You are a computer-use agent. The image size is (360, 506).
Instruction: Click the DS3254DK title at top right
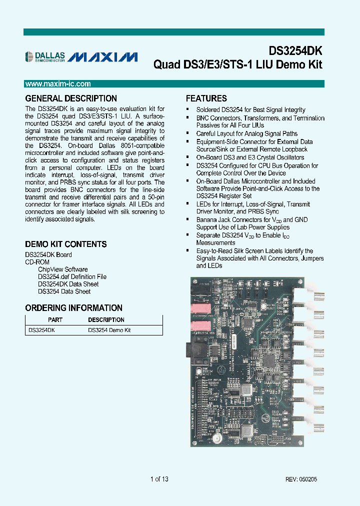point(295,51)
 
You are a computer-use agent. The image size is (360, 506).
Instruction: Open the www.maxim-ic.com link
point(57,84)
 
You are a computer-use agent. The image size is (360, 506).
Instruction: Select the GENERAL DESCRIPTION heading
point(71,98)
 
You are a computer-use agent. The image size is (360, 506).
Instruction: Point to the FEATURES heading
point(206,98)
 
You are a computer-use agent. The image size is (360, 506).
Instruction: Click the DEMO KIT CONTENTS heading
point(66,244)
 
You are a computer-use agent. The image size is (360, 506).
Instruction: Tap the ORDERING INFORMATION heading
point(73,308)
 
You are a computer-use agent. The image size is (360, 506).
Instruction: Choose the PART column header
point(55,319)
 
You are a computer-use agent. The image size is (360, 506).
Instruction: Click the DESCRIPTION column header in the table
point(106,319)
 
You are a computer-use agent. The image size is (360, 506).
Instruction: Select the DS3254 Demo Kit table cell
point(109,330)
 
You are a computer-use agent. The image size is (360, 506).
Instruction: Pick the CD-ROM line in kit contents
point(37,261)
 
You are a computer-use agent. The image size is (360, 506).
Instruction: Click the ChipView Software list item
point(62,269)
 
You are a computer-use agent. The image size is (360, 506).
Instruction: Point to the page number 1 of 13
point(159,479)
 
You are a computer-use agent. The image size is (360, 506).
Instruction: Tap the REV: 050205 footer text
point(301,479)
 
